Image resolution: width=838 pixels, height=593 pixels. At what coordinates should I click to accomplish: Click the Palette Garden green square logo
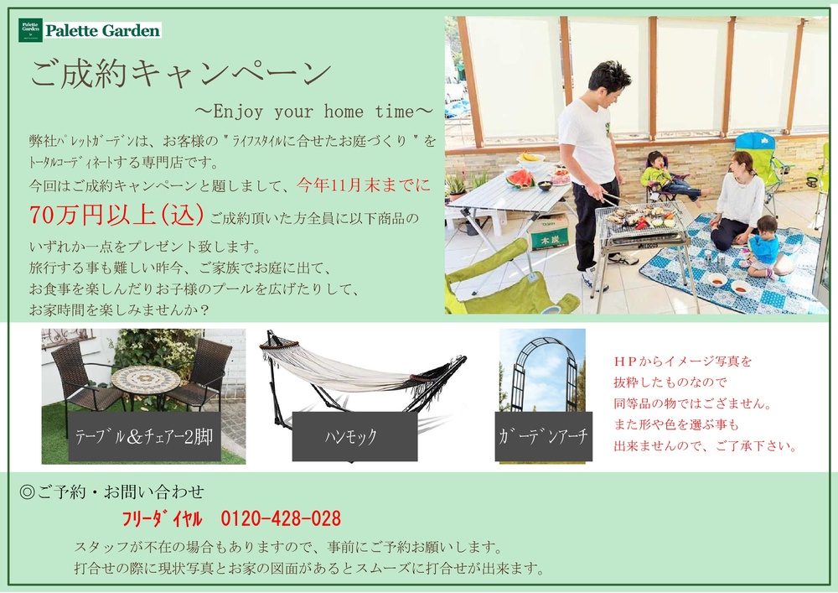30,30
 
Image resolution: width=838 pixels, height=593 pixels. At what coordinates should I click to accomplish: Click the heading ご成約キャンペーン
181,73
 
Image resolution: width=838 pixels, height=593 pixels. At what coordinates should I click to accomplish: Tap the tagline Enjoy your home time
313,112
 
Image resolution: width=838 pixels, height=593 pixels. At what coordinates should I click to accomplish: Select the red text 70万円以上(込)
116,215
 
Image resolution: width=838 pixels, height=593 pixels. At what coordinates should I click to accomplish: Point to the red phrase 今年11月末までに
364,185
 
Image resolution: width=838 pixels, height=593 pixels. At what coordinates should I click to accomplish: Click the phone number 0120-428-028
281,518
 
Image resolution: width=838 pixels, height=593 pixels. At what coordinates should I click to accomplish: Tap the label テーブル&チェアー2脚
144,436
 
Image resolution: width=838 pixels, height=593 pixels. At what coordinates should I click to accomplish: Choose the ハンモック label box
354,436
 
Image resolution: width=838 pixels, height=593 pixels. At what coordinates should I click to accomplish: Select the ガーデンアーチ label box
544,436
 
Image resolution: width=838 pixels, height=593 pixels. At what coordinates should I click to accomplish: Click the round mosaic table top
146,378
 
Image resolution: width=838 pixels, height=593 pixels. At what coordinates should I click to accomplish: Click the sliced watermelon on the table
520,179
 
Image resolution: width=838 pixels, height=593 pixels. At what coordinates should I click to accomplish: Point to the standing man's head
609,85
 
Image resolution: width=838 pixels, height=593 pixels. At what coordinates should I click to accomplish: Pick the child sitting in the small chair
666,175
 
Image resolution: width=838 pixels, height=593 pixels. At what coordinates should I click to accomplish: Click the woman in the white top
737,201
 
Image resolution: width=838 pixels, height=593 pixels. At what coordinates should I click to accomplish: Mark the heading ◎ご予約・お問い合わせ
111,492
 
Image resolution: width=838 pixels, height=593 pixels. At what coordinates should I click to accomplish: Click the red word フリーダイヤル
162,518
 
